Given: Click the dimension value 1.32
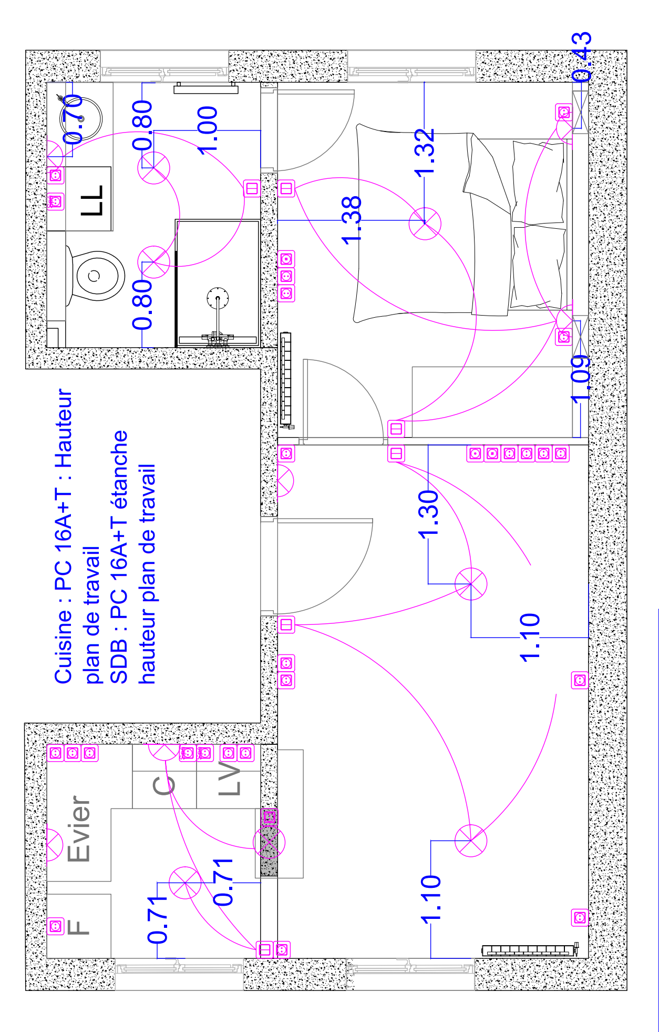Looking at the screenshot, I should click(425, 153).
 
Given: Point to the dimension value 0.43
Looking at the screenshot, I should click(581, 57).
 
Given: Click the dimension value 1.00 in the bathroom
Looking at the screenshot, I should click(208, 130).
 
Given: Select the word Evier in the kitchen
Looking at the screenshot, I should click(79, 829).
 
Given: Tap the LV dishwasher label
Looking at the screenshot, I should click(230, 778).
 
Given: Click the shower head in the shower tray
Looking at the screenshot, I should click(218, 298).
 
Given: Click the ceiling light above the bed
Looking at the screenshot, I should click(425, 223).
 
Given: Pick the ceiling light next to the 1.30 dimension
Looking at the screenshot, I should click(471, 584).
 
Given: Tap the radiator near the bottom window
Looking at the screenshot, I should click(528, 950).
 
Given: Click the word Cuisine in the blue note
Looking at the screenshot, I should click(63, 647).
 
